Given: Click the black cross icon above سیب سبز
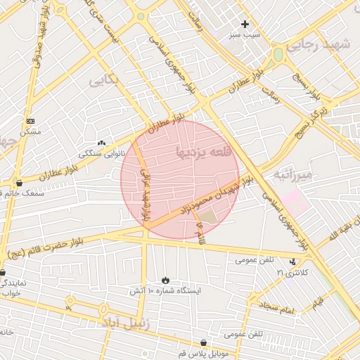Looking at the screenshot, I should (x=245, y=24).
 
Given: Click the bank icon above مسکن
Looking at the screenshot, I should (x=30, y=122).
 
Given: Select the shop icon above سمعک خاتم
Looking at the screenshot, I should (x=18, y=183).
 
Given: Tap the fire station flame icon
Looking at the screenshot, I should (x=165, y=280).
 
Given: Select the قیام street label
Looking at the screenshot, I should (x=318, y=302).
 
